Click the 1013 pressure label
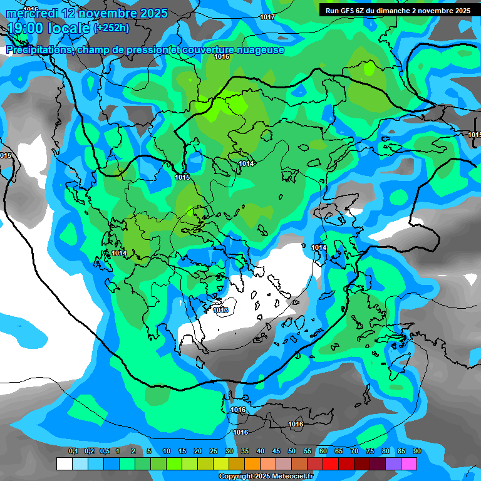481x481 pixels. pyautogui.click(x=220, y=310)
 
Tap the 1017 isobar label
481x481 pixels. pyautogui.click(x=267, y=17)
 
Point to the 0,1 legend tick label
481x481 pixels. pyautogui.click(x=73, y=452)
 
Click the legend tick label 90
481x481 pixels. pyautogui.click(x=416, y=452)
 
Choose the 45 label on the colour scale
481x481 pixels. pyautogui.click(x=276, y=452)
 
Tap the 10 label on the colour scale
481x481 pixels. pyautogui.click(x=167, y=452)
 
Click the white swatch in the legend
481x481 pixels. pyautogui.click(x=65, y=463)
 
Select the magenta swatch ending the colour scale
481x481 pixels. pyautogui.click(x=409, y=463)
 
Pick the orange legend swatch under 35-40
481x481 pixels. pyautogui.click(x=252, y=463)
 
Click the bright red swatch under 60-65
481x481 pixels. pyautogui.click(x=331, y=463)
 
